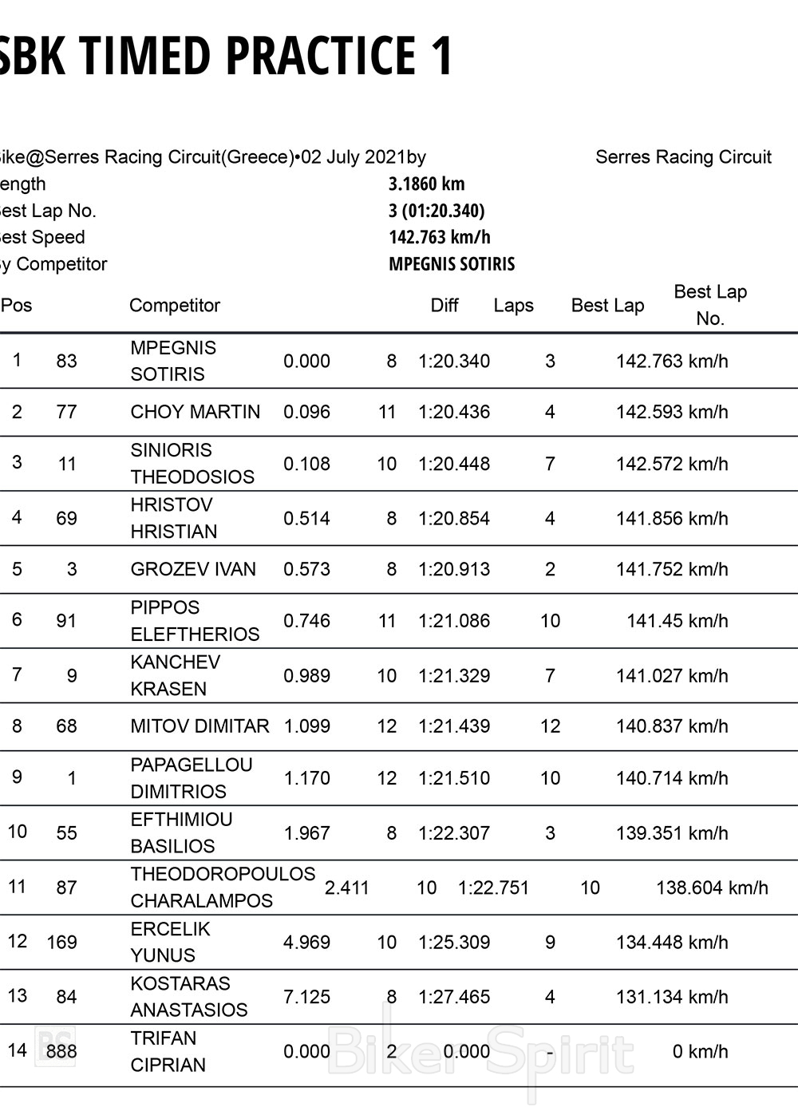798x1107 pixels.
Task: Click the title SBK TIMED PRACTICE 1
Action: (226, 55)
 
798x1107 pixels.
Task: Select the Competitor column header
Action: (174, 305)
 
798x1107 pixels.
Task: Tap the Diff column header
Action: (444, 305)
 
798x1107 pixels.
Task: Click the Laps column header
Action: (513, 305)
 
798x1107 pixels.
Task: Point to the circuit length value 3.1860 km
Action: (426, 184)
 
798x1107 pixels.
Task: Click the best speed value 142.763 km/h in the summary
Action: (439, 237)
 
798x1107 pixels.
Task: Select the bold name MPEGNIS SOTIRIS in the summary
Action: (452, 263)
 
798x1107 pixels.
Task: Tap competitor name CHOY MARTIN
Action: (195, 412)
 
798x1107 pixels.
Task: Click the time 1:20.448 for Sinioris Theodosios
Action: (454, 464)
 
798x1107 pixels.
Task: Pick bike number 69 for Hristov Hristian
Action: (66, 518)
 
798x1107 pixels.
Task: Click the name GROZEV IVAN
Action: (193, 569)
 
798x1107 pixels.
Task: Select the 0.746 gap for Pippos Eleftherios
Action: (306, 621)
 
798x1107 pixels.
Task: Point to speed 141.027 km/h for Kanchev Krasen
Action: (671, 676)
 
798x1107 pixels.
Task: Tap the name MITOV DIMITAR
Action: (199, 726)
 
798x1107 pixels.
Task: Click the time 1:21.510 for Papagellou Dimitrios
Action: (454, 778)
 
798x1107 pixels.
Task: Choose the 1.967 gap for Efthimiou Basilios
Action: (306, 833)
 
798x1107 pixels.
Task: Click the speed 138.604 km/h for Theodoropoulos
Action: (712, 888)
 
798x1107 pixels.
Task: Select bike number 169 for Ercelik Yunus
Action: (61, 942)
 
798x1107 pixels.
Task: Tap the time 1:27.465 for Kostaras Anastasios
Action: (454, 997)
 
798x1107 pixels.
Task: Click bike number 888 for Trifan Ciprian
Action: (61, 1051)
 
